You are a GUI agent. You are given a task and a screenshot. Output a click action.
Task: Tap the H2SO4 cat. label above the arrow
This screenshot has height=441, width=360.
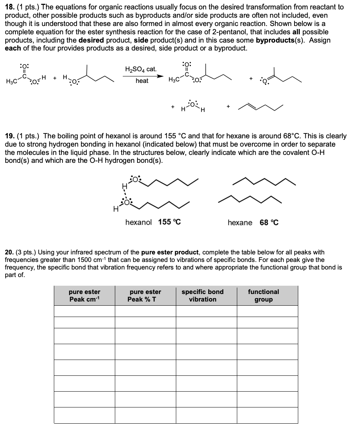click(x=140, y=69)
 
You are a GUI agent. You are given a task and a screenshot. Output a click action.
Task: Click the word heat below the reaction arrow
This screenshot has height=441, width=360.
click(x=142, y=81)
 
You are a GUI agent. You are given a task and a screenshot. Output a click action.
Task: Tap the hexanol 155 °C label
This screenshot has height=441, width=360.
click(x=153, y=222)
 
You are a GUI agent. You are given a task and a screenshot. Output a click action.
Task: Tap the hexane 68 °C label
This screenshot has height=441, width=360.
click(x=253, y=222)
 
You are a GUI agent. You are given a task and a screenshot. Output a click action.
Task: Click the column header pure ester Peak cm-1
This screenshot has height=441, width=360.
click(x=84, y=296)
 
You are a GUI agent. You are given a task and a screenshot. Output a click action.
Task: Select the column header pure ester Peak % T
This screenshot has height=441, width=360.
click(x=145, y=296)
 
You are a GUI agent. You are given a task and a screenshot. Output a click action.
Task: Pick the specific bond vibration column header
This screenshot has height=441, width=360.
click(x=203, y=296)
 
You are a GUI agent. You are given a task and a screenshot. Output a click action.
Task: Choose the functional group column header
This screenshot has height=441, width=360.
click(x=264, y=296)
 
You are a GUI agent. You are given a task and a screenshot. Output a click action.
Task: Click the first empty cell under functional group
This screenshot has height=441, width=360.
click(x=267, y=311)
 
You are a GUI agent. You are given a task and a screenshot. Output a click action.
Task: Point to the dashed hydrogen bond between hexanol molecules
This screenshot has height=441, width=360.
click(x=124, y=192)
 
